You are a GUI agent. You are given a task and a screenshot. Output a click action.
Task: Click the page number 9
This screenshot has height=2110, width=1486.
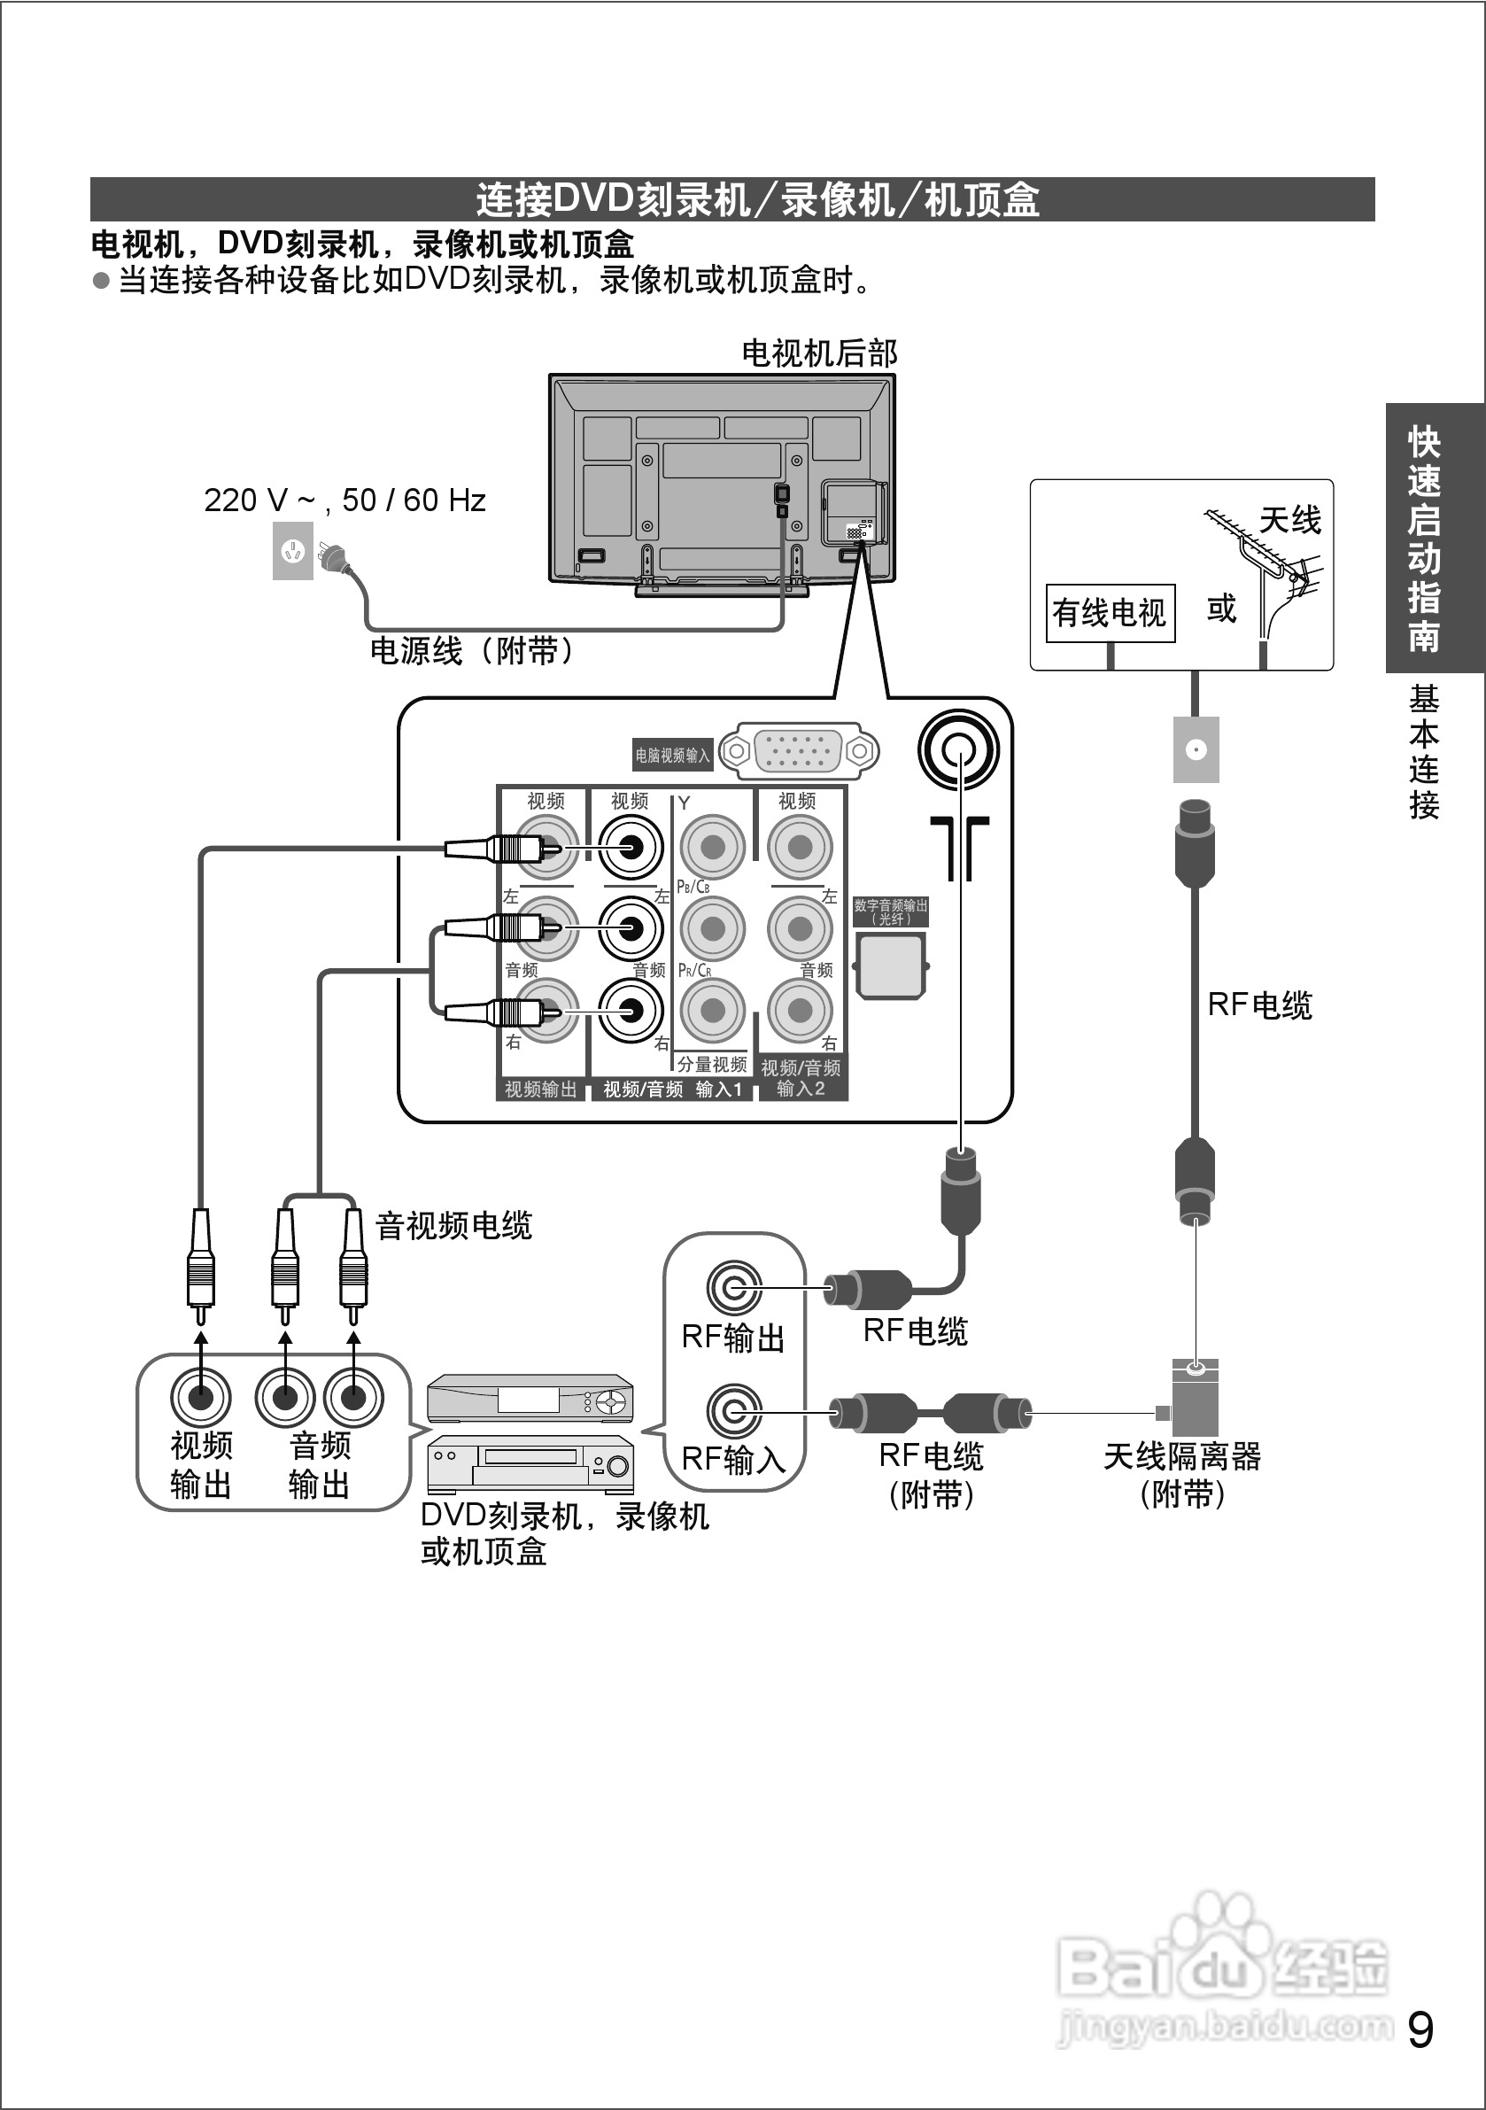[1420, 2030]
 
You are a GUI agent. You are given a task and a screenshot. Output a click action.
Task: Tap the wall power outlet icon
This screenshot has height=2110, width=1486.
[292, 551]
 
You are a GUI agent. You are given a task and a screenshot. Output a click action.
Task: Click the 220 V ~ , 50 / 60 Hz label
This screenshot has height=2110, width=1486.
[344, 500]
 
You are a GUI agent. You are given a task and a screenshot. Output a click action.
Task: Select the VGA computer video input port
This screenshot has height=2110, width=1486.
[798, 751]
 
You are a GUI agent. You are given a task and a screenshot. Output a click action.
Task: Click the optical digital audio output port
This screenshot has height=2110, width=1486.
[891, 966]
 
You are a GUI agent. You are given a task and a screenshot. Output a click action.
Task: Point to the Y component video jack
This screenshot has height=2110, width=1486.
[713, 846]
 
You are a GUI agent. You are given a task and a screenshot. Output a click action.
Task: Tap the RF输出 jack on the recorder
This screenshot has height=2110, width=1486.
[734, 1289]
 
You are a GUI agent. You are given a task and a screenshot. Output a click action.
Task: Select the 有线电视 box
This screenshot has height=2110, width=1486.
[1111, 613]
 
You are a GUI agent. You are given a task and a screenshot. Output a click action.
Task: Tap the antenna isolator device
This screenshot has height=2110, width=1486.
[1195, 1398]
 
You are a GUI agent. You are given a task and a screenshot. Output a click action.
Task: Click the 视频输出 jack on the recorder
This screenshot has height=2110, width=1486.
[200, 1398]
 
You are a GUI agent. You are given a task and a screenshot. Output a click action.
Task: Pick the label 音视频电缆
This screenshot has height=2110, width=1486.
[454, 1226]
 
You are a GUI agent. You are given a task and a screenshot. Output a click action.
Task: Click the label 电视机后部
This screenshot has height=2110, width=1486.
[819, 353]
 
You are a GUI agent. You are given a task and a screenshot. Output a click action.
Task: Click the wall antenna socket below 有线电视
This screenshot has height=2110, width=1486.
[1196, 750]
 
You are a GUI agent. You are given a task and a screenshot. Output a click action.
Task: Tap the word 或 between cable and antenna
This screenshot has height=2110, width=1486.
[1221, 609]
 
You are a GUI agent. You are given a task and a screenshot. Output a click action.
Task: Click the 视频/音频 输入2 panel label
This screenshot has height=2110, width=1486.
[801, 1078]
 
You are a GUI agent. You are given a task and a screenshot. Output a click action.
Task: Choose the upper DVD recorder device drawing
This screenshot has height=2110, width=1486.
[530, 1400]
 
